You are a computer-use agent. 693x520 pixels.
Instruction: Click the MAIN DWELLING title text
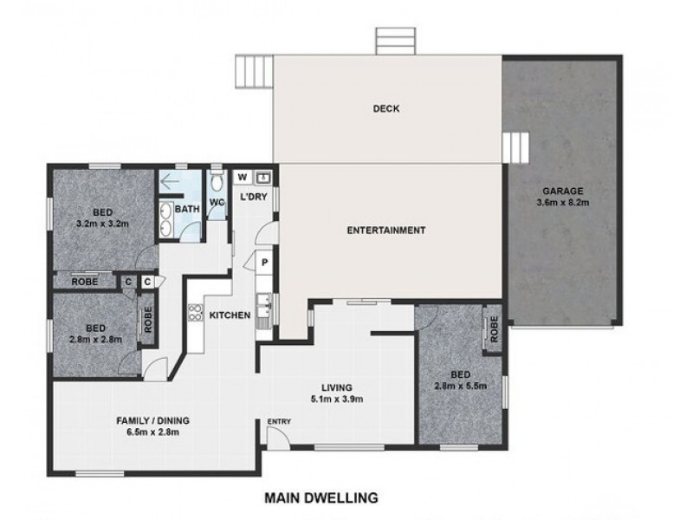click(x=321, y=497)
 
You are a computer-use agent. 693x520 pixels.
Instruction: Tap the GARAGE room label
click(x=562, y=192)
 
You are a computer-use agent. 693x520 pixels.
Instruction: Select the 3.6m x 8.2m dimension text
click(x=562, y=203)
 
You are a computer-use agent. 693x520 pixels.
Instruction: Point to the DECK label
click(x=386, y=109)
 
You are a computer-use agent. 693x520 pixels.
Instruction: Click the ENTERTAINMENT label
click(x=386, y=231)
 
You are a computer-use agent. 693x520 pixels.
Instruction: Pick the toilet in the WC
click(x=217, y=180)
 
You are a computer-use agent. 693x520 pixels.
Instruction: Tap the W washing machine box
click(x=243, y=178)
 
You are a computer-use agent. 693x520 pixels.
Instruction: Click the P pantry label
click(x=265, y=263)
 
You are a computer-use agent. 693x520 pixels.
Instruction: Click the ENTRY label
click(x=279, y=421)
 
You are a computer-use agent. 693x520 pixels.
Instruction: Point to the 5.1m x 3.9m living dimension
click(x=337, y=400)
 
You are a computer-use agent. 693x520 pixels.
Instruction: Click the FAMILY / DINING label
click(x=153, y=420)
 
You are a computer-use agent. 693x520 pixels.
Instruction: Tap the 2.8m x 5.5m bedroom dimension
click(x=461, y=386)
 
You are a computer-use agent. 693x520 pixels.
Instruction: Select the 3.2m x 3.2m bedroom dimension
click(x=102, y=224)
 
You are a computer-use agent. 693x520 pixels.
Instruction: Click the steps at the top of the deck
click(x=396, y=41)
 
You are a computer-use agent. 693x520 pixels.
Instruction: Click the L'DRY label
click(x=254, y=197)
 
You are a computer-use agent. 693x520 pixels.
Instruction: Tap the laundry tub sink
click(x=264, y=178)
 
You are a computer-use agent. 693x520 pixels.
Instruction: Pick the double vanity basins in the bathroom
click(x=166, y=219)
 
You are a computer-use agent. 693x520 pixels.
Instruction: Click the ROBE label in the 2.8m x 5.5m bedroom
click(x=494, y=329)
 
